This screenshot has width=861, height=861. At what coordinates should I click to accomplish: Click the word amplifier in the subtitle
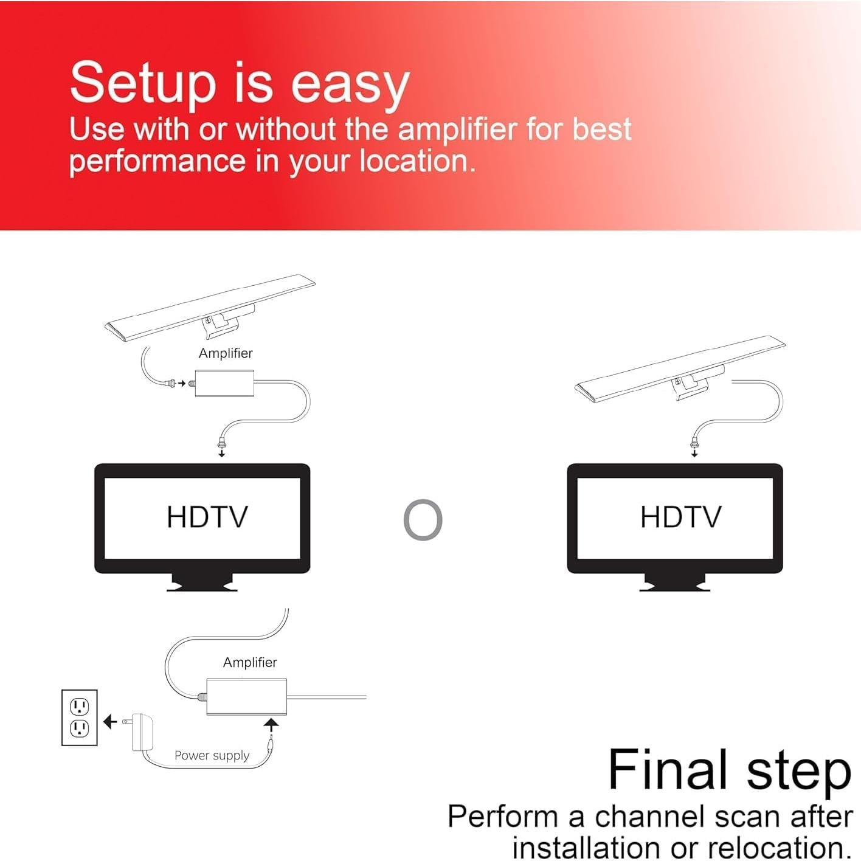(457, 130)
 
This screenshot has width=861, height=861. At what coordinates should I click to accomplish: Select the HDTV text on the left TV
(207, 517)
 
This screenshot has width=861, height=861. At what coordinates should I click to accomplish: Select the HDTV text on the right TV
(680, 517)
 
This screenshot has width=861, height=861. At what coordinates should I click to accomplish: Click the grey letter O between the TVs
(423, 520)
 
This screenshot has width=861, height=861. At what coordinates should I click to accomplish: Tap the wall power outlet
(80, 717)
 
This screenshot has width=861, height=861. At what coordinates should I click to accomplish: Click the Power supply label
(212, 755)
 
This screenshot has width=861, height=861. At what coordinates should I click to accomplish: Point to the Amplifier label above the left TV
(225, 353)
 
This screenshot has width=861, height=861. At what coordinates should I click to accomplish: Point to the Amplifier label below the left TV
(250, 662)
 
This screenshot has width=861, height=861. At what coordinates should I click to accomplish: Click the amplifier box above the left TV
(224, 383)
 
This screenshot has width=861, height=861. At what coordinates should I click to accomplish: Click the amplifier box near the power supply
(246, 696)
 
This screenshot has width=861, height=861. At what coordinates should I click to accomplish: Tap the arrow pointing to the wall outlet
(110, 722)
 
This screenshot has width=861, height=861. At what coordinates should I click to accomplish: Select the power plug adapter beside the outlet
(142, 731)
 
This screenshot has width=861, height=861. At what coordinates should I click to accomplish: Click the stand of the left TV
(202, 582)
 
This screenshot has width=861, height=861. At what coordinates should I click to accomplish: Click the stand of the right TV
(675, 582)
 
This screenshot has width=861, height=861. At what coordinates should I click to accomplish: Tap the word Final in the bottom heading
(667, 770)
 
